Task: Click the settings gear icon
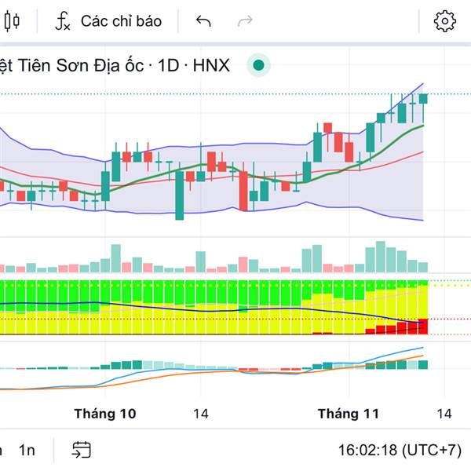[445, 21]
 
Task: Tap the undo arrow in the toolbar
[203, 21]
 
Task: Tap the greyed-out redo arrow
[245, 21]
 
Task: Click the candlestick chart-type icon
[11, 21]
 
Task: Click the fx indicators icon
[62, 21]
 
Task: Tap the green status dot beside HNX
[258, 65]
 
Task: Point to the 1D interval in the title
[168, 65]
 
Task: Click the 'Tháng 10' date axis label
[104, 414]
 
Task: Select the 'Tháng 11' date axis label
[348, 414]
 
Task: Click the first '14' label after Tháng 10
[201, 414]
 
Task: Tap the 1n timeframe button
[27, 450]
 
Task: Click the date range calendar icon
[82, 450]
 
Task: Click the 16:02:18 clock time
[367, 451]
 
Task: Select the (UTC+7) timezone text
[431, 451]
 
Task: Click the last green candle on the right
[423, 98]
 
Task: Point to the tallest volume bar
[381, 257]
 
